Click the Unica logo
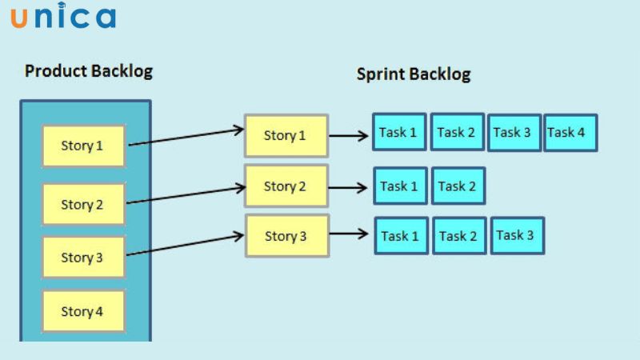click(x=63, y=18)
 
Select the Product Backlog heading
click(x=89, y=71)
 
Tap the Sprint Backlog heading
click(x=414, y=74)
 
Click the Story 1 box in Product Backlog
click(x=83, y=146)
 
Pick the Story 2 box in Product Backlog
click(x=83, y=204)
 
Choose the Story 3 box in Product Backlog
click(x=83, y=258)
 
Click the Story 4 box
click(x=83, y=311)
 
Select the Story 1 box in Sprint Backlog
click(x=286, y=135)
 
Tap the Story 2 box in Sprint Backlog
click(x=286, y=186)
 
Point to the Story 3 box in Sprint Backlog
click(x=286, y=236)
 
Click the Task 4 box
click(x=570, y=133)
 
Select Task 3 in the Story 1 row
click(x=513, y=133)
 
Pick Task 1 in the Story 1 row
click(x=399, y=132)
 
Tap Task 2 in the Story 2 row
click(x=458, y=186)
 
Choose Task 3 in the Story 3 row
click(x=517, y=235)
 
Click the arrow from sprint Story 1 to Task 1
click(x=349, y=135)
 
